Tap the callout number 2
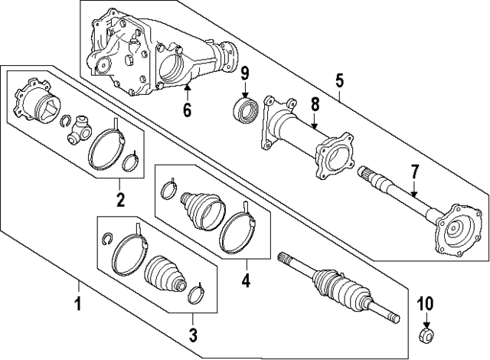click(x=120, y=201)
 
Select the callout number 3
click(x=193, y=334)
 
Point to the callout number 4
click(x=246, y=281)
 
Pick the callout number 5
click(x=340, y=79)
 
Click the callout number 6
click(x=186, y=110)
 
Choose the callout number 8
click(x=314, y=103)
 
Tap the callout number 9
click(x=246, y=74)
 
